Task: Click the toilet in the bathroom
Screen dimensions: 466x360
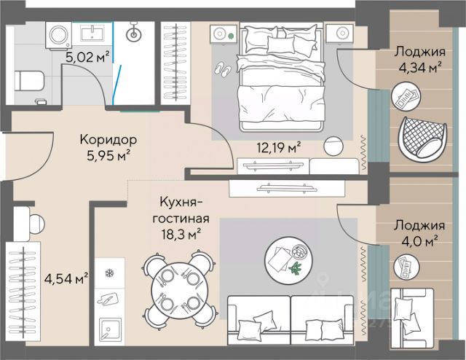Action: [x=29, y=81]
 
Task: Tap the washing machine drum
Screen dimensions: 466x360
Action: [x=60, y=34]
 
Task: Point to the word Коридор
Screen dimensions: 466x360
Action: [x=108, y=139]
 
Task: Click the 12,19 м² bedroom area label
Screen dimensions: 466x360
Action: [x=279, y=147]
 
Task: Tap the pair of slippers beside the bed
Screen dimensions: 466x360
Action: [x=223, y=70]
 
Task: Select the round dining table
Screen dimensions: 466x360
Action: [x=180, y=289]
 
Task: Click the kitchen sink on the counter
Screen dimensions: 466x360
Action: [x=110, y=330]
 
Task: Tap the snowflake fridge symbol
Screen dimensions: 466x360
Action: [x=111, y=273]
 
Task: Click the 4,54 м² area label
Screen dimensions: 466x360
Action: [x=66, y=278]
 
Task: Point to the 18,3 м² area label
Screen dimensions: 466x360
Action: [x=181, y=235]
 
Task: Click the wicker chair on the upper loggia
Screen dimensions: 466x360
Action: [x=422, y=138]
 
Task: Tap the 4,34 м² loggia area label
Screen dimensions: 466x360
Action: [x=419, y=68]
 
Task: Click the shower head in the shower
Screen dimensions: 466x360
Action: [x=134, y=33]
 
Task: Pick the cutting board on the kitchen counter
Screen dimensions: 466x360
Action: [x=108, y=299]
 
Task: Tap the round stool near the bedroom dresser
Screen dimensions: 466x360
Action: [x=333, y=146]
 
